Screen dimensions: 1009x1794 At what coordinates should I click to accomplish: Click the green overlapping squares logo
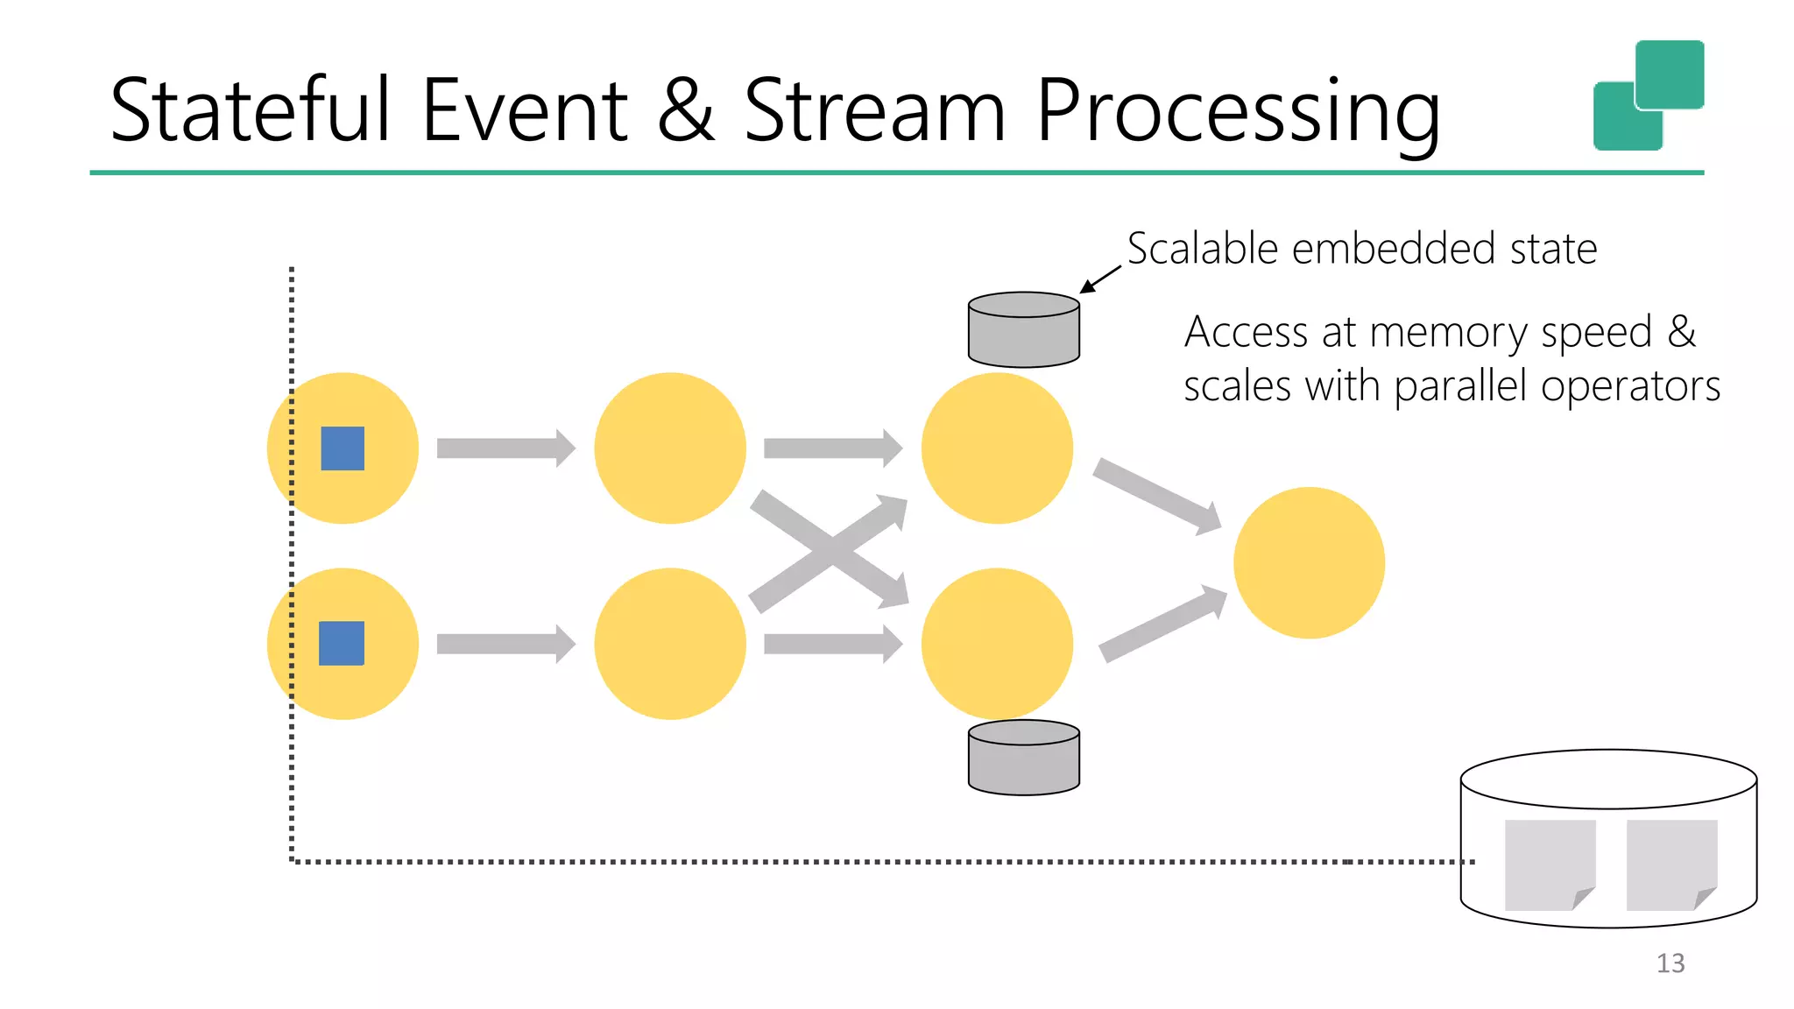point(1648,95)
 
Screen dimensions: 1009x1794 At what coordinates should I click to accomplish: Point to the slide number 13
point(1670,963)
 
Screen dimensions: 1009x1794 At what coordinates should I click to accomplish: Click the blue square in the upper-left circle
point(343,448)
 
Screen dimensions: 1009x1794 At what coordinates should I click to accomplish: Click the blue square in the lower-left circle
point(342,643)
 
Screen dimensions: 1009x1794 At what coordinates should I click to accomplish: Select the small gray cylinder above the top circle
point(1023,330)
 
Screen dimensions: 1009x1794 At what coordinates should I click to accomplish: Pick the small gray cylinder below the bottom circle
point(1023,758)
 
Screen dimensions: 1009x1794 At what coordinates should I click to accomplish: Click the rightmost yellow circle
point(1309,562)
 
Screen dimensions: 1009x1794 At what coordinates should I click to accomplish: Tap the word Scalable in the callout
point(1203,249)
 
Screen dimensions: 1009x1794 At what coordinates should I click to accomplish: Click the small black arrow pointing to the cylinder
point(1099,279)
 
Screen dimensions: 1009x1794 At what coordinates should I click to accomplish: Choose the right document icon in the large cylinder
point(1670,864)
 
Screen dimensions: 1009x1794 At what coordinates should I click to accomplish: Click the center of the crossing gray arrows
point(830,551)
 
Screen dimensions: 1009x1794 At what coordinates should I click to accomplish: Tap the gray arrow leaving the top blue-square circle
point(505,448)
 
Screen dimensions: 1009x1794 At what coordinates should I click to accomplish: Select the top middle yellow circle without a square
point(670,448)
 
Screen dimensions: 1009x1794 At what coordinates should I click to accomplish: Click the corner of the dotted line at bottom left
point(292,861)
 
